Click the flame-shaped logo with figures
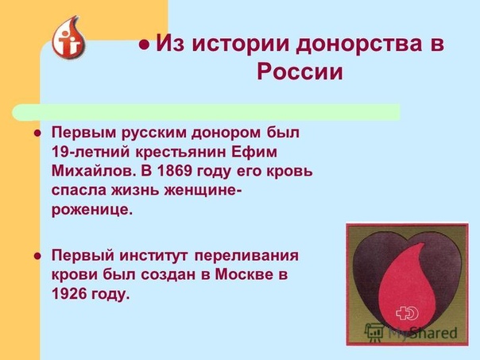[68, 37]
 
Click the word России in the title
[300, 72]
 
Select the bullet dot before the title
[144, 45]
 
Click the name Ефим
[254, 152]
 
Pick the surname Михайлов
[93, 171]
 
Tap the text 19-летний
[91, 152]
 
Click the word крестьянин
[180, 153]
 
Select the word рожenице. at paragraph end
[92, 211]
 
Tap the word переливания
[246, 256]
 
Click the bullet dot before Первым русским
[37, 134]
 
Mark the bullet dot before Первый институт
[37, 256]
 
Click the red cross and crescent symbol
[407, 313]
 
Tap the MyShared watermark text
[423, 332]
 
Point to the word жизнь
[134, 191]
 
